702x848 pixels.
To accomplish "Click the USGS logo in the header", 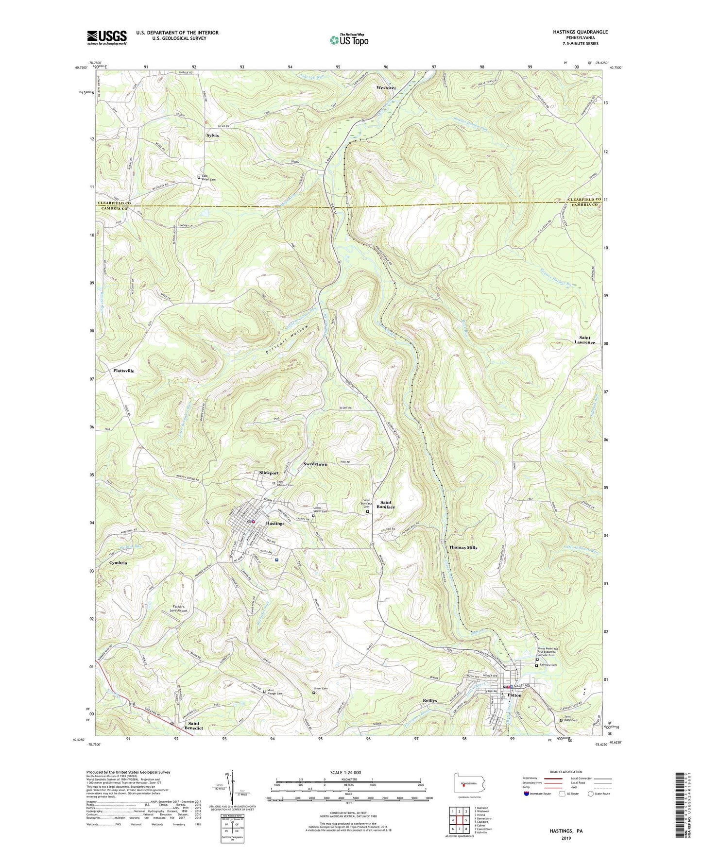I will pyautogui.click(x=107, y=37).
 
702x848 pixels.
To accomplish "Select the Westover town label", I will pyautogui.click(x=386, y=88).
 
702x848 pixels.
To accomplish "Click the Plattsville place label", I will pyautogui.click(x=123, y=371).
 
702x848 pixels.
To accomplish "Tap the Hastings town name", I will pyautogui.click(x=275, y=524).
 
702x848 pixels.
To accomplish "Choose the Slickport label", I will pyautogui.click(x=269, y=473).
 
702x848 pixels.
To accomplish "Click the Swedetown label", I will pyautogui.click(x=315, y=464).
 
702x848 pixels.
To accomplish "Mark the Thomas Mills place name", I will pyautogui.click(x=462, y=547).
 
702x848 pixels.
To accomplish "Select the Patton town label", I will pyautogui.click(x=514, y=695).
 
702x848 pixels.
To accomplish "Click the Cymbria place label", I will pyautogui.click(x=118, y=563).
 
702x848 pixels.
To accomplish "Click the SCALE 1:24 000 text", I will pyautogui.click(x=339, y=772).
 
